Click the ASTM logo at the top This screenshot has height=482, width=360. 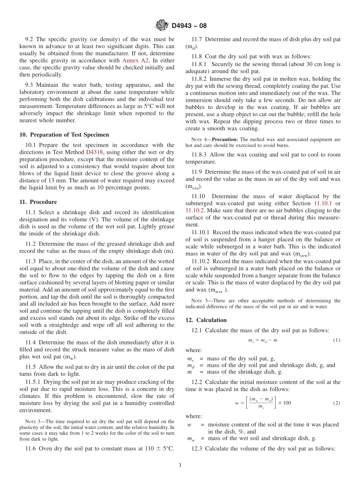(x=161, y=25)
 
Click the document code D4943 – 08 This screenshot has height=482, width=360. (x=189, y=26)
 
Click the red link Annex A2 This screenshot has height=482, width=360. (x=135, y=60)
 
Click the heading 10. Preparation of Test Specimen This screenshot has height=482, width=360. (x=64, y=135)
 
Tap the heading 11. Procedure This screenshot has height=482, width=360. (x=38, y=202)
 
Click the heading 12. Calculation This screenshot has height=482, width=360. (x=206, y=320)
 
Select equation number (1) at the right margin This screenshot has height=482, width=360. (x=337, y=340)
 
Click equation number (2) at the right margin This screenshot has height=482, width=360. (x=337, y=402)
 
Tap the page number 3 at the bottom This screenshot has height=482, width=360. (x=180, y=465)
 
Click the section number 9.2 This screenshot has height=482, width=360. (x=29, y=39)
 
